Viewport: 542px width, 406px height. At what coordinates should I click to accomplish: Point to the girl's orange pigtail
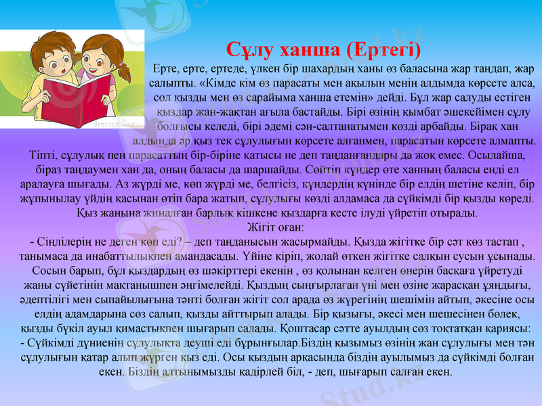[124, 71]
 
